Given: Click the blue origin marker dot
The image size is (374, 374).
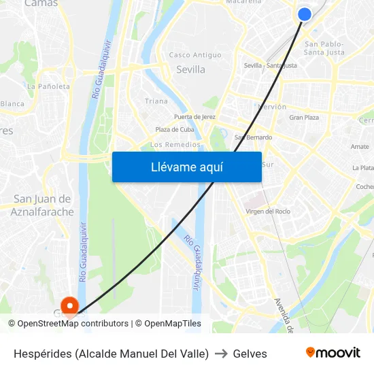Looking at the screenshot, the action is [x=305, y=14].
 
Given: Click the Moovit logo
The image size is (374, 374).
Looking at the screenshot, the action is [x=333, y=353].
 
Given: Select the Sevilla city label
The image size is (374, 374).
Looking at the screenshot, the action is [x=190, y=69].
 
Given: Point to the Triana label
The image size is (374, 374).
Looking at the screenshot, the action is [x=156, y=101].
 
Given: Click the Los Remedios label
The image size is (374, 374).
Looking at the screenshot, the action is [x=175, y=145].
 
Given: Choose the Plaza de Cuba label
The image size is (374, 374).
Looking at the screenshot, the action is [x=175, y=130].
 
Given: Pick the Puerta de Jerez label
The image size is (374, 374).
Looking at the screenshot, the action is [x=194, y=117].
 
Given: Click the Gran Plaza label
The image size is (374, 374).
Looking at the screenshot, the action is [x=304, y=118].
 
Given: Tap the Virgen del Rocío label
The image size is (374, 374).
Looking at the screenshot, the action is [x=268, y=211].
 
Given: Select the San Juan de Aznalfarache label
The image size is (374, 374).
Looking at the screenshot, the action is [x=41, y=205].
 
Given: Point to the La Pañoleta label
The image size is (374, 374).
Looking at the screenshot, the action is [x=48, y=86].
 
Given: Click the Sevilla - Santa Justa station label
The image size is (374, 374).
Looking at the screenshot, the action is [x=270, y=66].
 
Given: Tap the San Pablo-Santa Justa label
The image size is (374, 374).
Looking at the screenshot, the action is [x=324, y=48].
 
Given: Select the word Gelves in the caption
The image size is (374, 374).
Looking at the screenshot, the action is [x=250, y=354].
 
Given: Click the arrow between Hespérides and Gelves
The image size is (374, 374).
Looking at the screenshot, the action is [x=221, y=354].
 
